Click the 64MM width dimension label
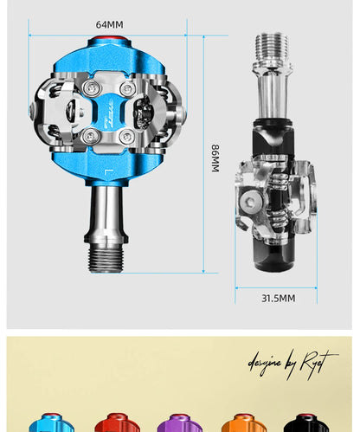coord(108,24)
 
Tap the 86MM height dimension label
coord(215,158)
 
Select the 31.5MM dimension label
coord(278,298)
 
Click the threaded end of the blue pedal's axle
coord(108,255)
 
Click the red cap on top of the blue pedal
coord(109,42)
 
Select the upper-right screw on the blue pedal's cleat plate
coord(128,88)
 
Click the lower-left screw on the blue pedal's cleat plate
coord(88,136)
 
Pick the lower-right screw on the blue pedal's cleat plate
coord(127,137)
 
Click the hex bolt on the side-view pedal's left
coord(251,203)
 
